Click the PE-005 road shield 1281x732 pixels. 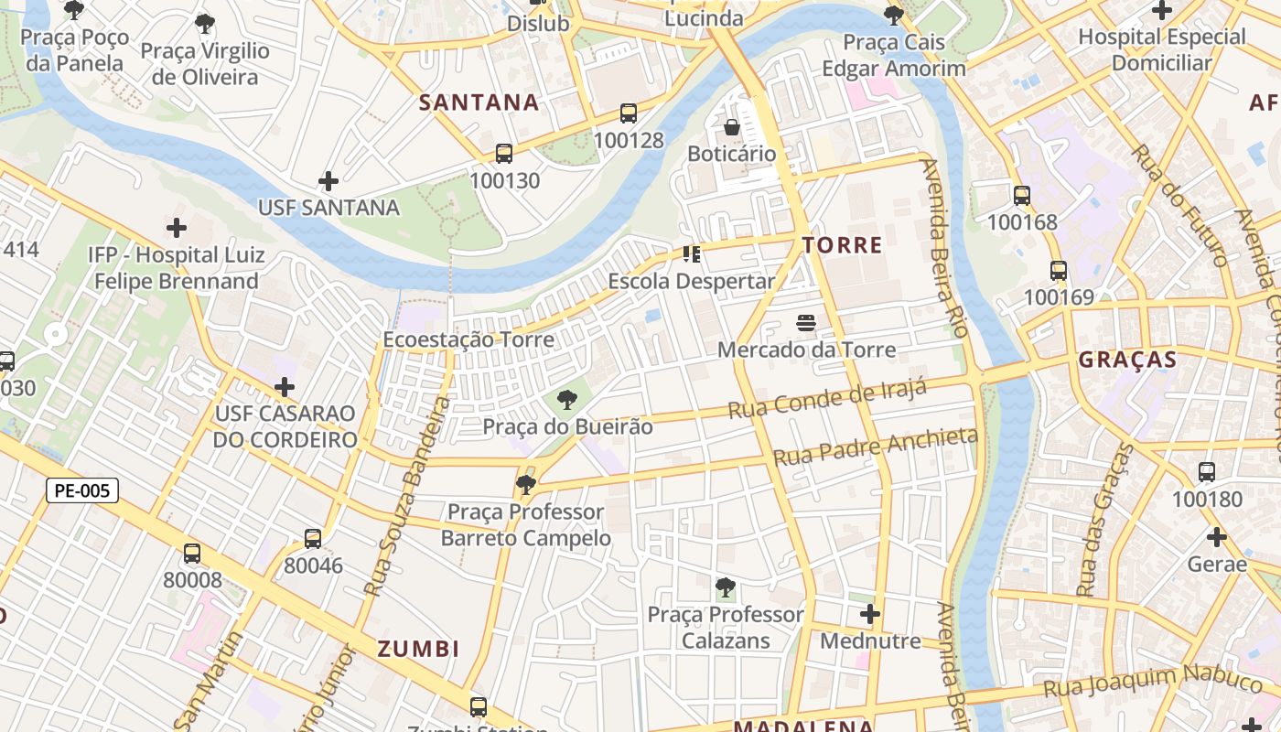coord(82,490)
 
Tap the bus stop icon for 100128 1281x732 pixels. coord(629,113)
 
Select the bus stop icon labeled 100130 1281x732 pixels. coord(504,154)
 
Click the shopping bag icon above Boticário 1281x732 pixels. coord(731,127)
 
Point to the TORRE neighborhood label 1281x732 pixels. coord(842,245)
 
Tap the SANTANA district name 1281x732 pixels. coord(479,102)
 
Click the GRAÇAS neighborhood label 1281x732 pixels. coord(1127,360)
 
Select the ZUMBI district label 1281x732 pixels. coord(419,650)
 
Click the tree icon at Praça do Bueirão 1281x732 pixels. coord(567,400)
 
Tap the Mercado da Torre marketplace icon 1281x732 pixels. coord(806,322)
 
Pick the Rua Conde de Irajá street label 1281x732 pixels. coord(827,399)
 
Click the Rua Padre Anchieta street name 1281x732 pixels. coord(876,447)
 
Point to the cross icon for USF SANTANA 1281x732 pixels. coord(328,181)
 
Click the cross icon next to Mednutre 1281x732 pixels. coord(870,614)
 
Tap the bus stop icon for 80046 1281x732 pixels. coord(313,539)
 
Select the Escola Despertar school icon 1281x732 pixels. coord(692,254)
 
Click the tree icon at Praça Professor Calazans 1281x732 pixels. coord(726,587)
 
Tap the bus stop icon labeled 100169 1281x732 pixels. coord(1059,271)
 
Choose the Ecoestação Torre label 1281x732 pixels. coord(468,339)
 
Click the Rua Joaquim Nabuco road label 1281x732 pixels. coord(1153,681)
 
